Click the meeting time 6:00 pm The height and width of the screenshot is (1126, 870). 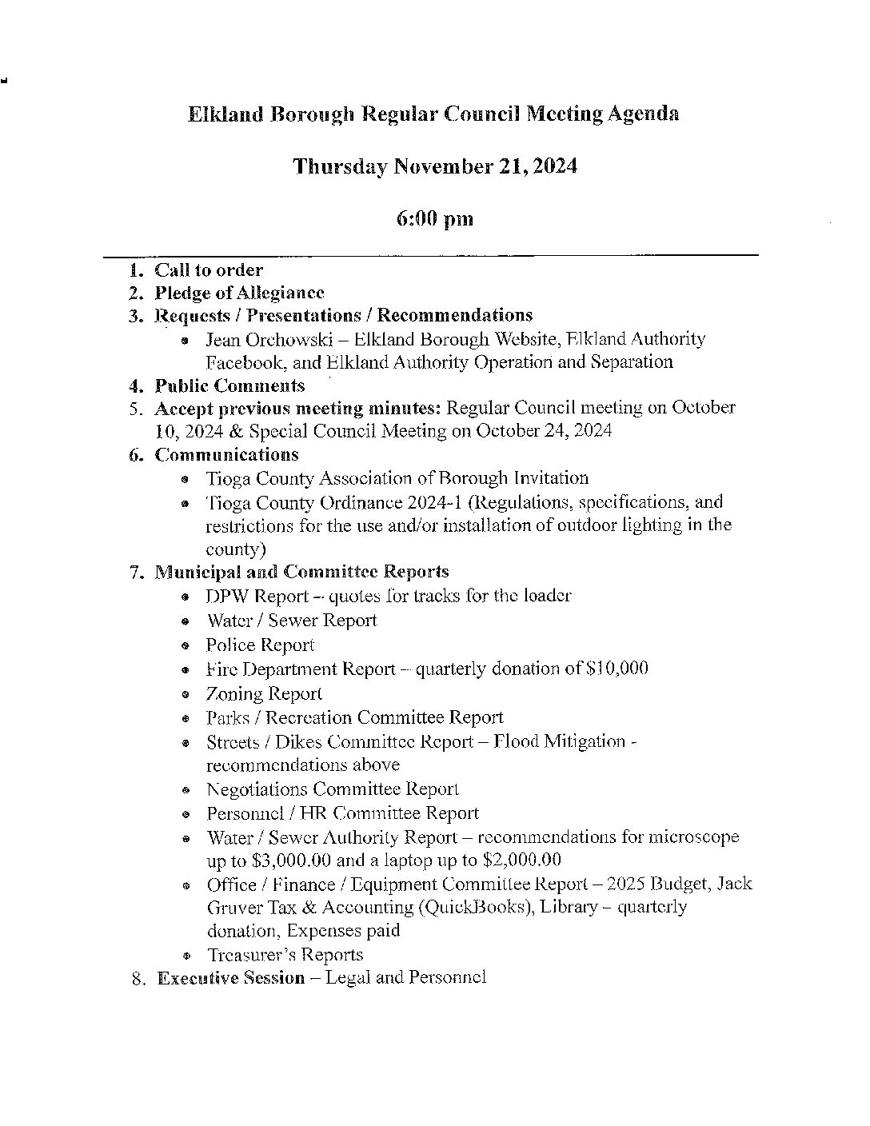(x=434, y=218)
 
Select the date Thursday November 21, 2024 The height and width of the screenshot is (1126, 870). (x=434, y=166)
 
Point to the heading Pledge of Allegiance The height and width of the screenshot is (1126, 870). (x=239, y=293)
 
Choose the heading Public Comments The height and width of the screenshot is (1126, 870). (x=229, y=385)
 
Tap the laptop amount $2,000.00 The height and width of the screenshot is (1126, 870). (x=522, y=860)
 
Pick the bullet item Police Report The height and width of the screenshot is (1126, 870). (x=260, y=645)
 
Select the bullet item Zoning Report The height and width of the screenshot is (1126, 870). (x=264, y=693)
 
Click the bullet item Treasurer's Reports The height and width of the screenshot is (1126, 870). (x=285, y=955)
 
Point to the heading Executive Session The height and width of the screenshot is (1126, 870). (x=231, y=978)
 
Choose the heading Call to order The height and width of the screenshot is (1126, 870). (x=209, y=270)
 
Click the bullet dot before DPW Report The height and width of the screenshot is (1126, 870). (x=186, y=597)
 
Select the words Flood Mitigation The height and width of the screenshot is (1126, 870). (x=560, y=742)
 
